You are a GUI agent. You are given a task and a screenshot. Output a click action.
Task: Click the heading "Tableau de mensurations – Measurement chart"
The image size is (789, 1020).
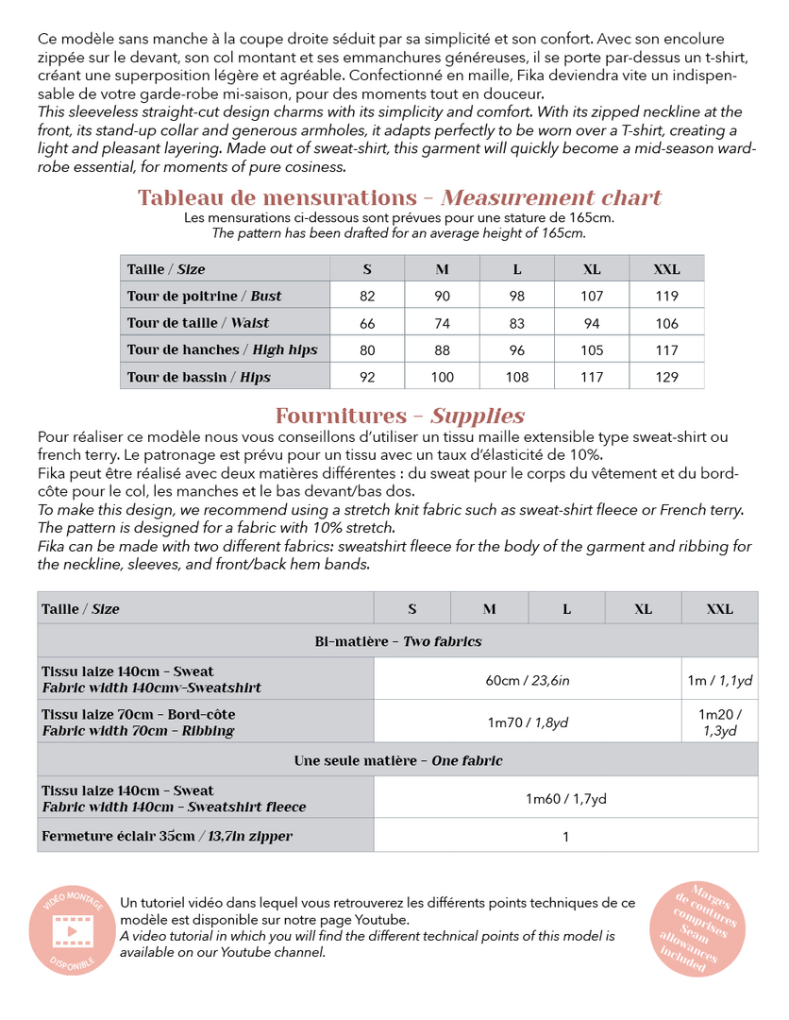pyautogui.click(x=399, y=197)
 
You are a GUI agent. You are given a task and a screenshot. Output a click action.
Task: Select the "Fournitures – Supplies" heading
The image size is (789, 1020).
pyautogui.click(x=399, y=416)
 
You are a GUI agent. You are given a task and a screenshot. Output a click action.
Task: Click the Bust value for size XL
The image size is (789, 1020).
pyautogui.click(x=592, y=296)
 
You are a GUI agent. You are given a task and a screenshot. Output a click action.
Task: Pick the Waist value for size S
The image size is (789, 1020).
pyautogui.click(x=367, y=323)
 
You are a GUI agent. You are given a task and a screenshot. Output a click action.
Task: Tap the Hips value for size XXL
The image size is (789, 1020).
pyautogui.click(x=666, y=377)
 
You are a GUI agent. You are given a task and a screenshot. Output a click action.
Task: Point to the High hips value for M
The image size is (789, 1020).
pyautogui.click(x=442, y=349)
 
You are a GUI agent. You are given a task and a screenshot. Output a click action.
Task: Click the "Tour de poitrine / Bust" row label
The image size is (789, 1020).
pyautogui.click(x=205, y=296)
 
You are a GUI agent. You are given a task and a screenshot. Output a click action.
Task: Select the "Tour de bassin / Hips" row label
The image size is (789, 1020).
pyautogui.click(x=199, y=377)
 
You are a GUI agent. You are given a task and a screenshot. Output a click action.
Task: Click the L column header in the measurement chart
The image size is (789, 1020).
pyautogui.click(x=517, y=269)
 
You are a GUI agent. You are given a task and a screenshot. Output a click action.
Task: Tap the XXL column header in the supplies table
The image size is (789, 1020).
pyautogui.click(x=719, y=609)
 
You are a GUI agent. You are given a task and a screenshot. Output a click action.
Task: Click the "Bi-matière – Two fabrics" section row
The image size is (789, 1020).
pyautogui.click(x=397, y=641)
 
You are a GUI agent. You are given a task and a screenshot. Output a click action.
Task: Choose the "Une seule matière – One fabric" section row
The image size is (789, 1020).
pyautogui.click(x=397, y=760)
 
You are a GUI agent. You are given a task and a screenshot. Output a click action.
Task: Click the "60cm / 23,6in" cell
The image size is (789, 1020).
pyautogui.click(x=528, y=679)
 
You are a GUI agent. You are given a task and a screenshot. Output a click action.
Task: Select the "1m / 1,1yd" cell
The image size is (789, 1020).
pyautogui.click(x=719, y=679)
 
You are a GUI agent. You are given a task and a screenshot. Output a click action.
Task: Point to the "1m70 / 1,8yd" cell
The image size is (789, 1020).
pyautogui.click(x=528, y=722)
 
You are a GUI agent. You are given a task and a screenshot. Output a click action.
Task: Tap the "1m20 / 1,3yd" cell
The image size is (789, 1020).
pyautogui.click(x=719, y=722)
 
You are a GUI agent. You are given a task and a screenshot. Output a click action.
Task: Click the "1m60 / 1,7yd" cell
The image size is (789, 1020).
pyautogui.click(x=565, y=799)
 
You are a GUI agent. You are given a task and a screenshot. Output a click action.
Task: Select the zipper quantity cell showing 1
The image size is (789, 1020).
pyautogui.click(x=565, y=836)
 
